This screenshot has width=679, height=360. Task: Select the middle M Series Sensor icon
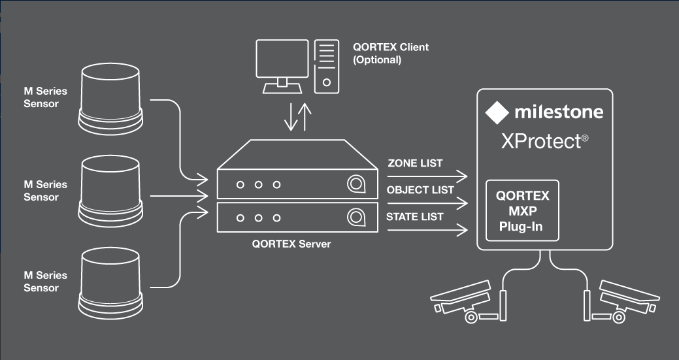(x=110, y=189)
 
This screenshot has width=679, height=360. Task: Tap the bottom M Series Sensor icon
(x=110, y=280)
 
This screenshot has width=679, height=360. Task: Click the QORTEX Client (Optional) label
(x=391, y=54)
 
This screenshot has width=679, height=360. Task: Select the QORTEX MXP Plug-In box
(x=523, y=211)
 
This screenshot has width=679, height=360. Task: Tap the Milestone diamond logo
(x=497, y=112)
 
